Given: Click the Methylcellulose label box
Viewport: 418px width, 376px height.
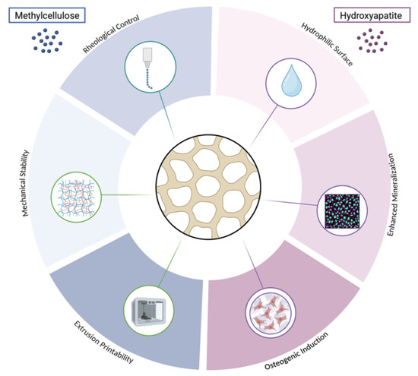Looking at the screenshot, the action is click(x=47, y=15).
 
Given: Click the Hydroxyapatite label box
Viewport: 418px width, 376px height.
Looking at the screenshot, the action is click(x=372, y=15).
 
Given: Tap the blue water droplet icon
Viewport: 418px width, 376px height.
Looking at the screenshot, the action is click(x=292, y=81).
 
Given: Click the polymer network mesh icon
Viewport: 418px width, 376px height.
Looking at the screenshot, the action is click(x=76, y=197).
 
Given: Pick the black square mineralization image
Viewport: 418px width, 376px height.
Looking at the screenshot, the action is click(x=342, y=211).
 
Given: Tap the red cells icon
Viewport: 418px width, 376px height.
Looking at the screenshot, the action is click(x=271, y=312).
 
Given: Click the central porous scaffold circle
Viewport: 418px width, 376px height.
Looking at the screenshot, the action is click(x=208, y=187).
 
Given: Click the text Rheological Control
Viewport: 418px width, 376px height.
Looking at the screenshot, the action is click(x=111, y=34).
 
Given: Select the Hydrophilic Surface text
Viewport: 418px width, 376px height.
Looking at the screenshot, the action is click(x=327, y=44).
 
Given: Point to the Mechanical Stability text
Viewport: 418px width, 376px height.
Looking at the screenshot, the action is click(x=24, y=183).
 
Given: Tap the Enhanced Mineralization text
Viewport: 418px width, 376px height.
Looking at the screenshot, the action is click(x=391, y=194).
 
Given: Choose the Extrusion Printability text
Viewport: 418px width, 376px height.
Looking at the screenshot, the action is click(x=103, y=342).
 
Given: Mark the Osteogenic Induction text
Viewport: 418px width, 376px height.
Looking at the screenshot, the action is click(x=296, y=351).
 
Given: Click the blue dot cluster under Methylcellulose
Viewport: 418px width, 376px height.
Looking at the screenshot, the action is click(x=47, y=40).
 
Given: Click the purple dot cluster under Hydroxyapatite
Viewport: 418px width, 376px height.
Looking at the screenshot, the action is click(x=372, y=41).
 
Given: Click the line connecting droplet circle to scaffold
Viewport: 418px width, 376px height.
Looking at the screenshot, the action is click(x=263, y=126).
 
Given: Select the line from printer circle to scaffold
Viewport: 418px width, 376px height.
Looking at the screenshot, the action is click(x=171, y=262).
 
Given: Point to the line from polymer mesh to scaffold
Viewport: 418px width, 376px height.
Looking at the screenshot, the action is click(x=128, y=195).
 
